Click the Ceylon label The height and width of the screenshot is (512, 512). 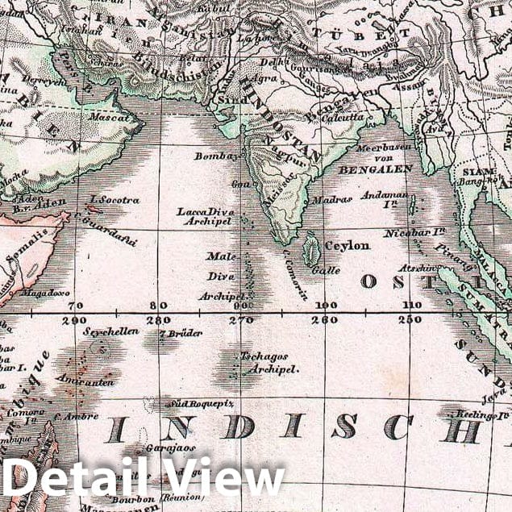347,245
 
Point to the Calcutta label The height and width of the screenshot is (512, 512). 343,118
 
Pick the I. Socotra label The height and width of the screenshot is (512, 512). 114,199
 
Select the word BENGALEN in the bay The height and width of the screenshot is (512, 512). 376,169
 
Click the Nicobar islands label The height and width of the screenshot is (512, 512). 426,231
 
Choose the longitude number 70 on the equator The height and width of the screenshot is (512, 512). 76,306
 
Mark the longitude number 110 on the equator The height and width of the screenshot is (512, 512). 412,306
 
